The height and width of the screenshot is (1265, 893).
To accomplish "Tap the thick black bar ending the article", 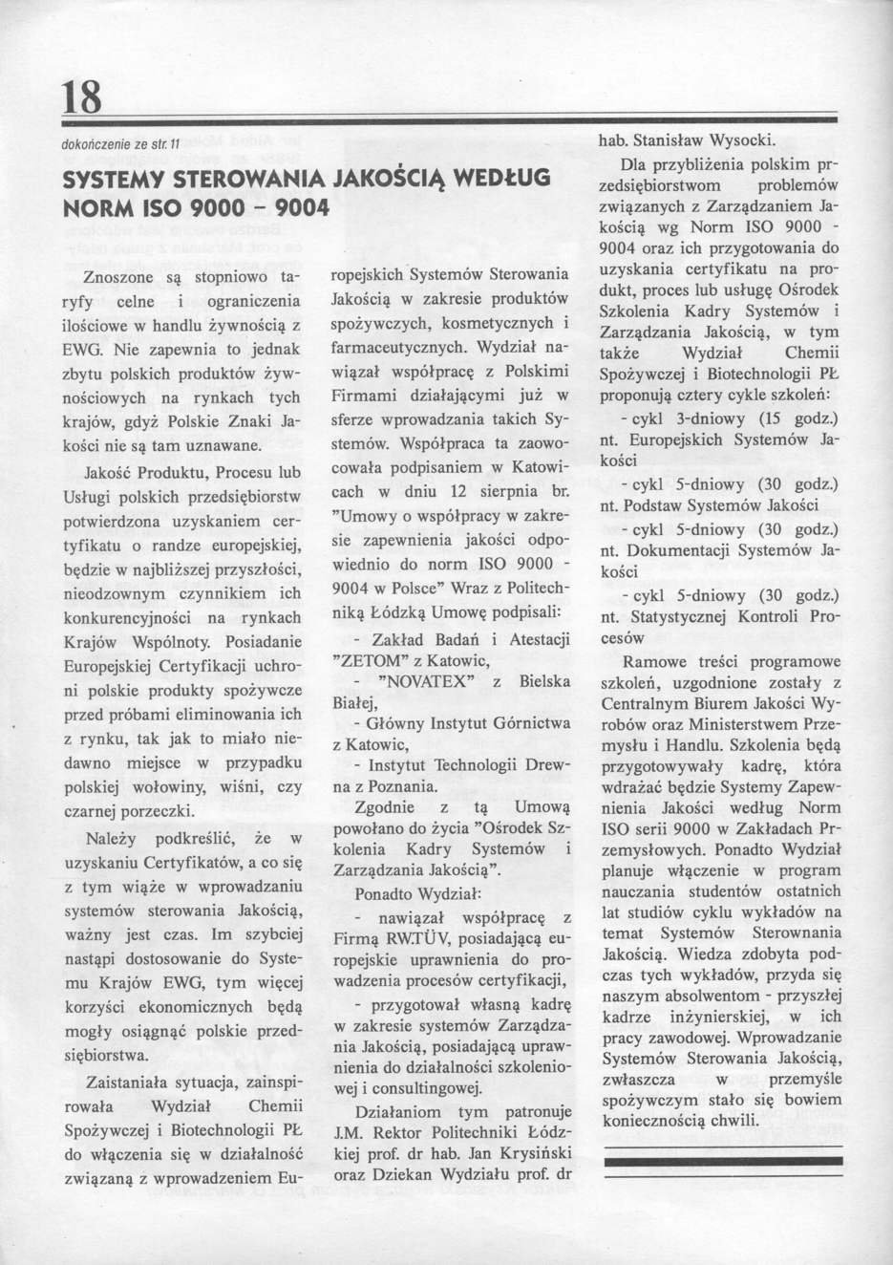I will [725, 1161].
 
